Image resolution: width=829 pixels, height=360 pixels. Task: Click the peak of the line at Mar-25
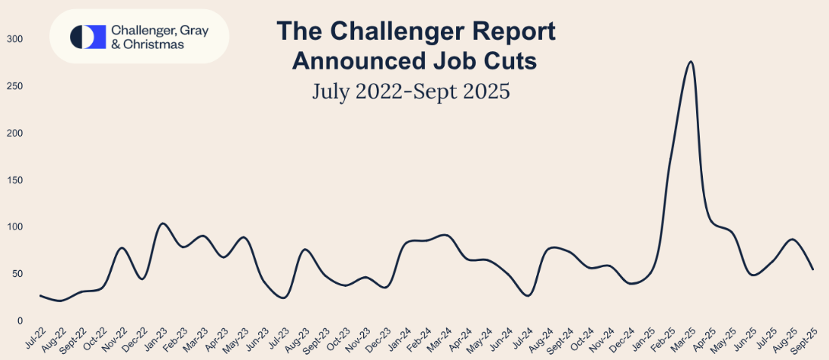pyautogui.click(x=691, y=62)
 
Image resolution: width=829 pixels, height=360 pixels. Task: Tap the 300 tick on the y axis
pyautogui.click(x=15, y=39)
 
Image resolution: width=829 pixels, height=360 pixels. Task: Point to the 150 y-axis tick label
pyautogui.click(x=15, y=180)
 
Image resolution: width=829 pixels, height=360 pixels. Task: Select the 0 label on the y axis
pyautogui.click(x=20, y=321)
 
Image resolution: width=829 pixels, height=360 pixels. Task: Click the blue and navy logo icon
pyautogui.click(x=87, y=36)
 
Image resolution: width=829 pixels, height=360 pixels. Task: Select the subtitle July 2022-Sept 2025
pyautogui.click(x=411, y=91)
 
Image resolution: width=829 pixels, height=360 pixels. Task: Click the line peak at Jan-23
pyautogui.click(x=162, y=223)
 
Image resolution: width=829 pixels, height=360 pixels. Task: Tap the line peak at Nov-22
pyautogui.click(x=122, y=248)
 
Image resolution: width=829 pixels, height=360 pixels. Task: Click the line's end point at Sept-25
pyautogui.click(x=813, y=269)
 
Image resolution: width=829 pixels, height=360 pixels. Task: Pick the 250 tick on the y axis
pyautogui.click(x=15, y=86)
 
